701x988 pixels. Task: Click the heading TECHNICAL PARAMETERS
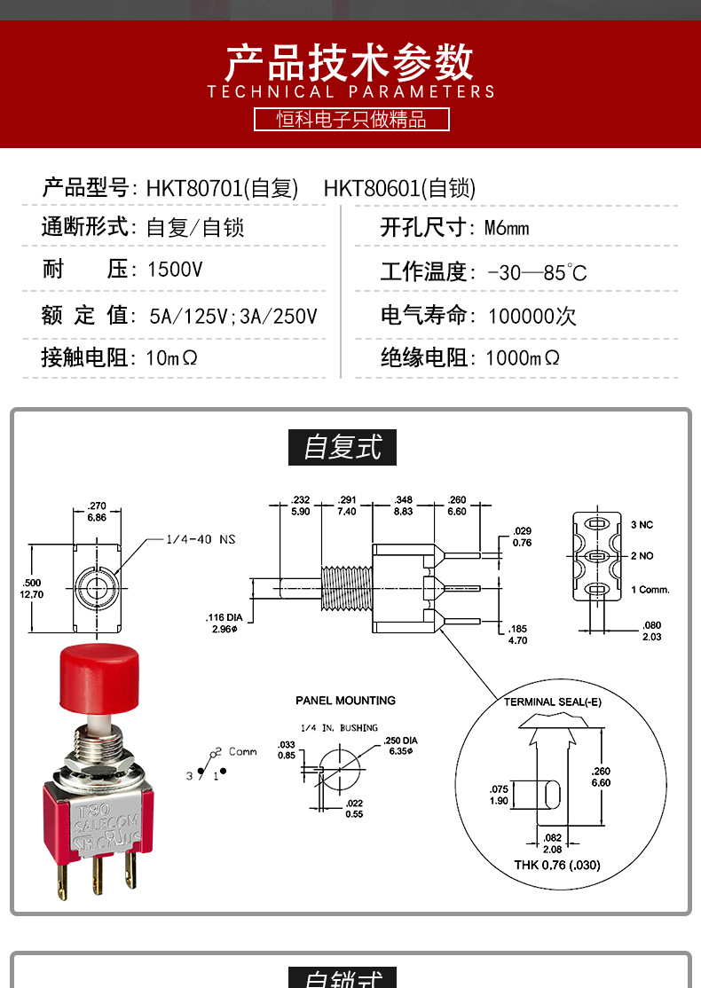pyautogui.click(x=350, y=91)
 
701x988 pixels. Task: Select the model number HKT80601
pyautogui.click(x=372, y=188)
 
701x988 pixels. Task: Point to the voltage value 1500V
pyautogui.click(x=175, y=270)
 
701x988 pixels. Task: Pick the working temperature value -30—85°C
pyautogui.click(x=537, y=272)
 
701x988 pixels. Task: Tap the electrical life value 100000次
pyautogui.click(x=532, y=317)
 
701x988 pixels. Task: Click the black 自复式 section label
pyautogui.click(x=342, y=447)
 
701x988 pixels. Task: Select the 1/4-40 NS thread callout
pyautogui.click(x=201, y=539)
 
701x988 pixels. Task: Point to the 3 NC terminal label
pyautogui.click(x=642, y=525)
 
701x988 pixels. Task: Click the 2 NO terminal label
pyautogui.click(x=642, y=556)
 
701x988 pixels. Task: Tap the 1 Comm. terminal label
pyautogui.click(x=650, y=590)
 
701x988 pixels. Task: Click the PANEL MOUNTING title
pyautogui.click(x=345, y=701)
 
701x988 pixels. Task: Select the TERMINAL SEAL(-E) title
pyautogui.click(x=552, y=702)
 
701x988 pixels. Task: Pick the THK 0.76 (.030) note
pyautogui.click(x=556, y=865)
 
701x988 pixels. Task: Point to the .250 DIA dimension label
pyautogui.click(x=400, y=745)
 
